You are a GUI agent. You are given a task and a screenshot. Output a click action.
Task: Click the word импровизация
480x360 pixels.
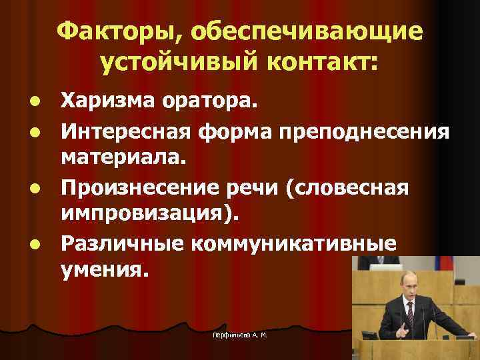pyautogui.click(x=149, y=215)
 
